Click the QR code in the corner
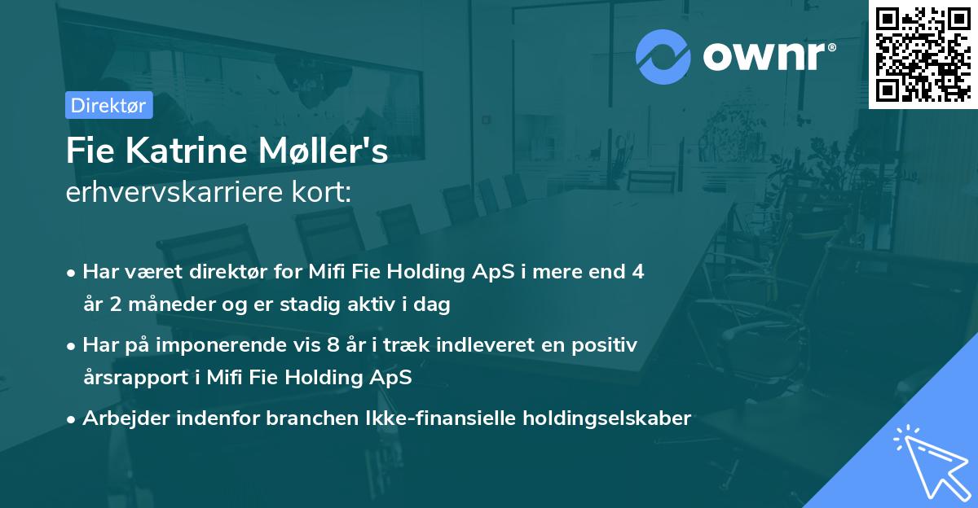pos(923,55)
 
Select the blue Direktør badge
pos(108,105)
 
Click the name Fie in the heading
pos(89,152)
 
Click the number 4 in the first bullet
pos(638,272)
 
